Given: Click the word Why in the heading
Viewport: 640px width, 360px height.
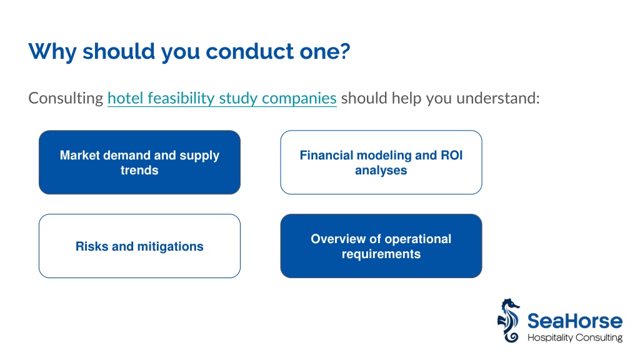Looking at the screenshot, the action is (52, 52).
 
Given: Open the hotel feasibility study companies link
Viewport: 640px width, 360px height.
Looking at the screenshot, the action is (222, 98).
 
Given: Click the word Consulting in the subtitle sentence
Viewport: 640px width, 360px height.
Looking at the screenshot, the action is (66, 98).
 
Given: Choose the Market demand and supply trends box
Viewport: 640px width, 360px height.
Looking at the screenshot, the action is (139, 162).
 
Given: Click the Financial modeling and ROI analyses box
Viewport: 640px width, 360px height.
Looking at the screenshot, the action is (381, 162).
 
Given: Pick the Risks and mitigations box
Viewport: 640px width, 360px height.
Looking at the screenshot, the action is (139, 246).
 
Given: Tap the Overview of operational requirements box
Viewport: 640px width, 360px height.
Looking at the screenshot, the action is (381, 246).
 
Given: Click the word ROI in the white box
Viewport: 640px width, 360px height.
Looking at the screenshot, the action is (451, 155).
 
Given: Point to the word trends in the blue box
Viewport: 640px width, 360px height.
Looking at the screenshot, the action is (139, 170).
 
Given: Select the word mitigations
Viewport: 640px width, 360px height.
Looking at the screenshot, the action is (170, 246).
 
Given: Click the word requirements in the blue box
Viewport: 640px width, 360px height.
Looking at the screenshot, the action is (381, 254).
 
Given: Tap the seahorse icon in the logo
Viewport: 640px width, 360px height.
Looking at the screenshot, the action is (509, 321).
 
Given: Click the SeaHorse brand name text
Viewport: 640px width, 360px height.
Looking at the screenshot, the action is (575, 321).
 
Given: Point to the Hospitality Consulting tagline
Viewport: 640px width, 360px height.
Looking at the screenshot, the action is (575, 337).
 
